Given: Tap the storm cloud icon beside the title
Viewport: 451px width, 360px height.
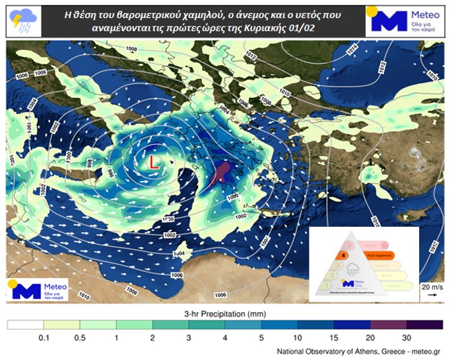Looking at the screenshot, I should point(22,22).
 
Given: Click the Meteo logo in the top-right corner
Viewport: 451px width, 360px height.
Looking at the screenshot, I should point(403,21).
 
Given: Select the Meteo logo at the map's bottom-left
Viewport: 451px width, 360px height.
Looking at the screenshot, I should point(38,289).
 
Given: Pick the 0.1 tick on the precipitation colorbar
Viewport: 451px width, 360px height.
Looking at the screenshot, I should point(43,338).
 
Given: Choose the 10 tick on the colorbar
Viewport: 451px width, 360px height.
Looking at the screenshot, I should point(297,338).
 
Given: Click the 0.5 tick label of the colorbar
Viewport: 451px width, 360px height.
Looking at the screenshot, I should point(79,338).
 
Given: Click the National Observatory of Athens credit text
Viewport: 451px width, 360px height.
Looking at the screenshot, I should point(358,352).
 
